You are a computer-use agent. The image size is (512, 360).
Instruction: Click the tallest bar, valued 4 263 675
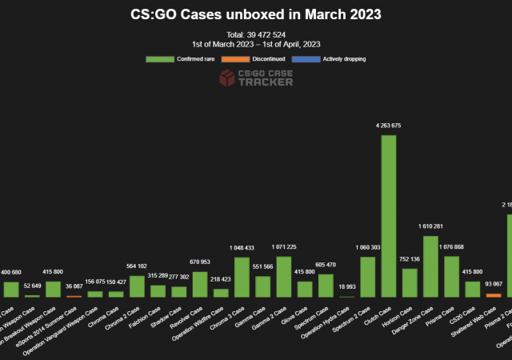coord(388,216)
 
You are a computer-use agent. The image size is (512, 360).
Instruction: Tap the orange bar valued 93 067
coord(493,295)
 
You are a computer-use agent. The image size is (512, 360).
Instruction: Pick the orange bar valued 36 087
coord(74,296)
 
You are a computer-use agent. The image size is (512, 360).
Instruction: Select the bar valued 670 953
coord(199,284)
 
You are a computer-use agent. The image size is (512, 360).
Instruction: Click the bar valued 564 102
coord(137,286)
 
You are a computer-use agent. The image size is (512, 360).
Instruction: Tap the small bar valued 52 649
coord(32,296)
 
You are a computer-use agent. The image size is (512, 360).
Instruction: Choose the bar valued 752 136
coord(410,282)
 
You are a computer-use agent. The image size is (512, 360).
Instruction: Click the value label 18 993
coord(346,286)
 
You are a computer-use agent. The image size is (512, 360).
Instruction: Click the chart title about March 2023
coord(256,14)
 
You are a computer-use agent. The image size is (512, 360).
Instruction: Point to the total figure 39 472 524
coord(256,34)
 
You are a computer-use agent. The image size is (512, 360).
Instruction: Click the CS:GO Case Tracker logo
coord(255,78)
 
